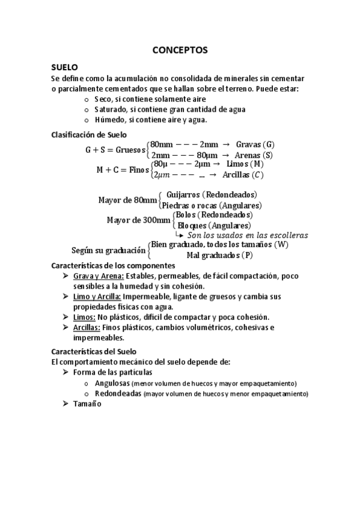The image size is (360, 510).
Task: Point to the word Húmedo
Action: pos(111,120)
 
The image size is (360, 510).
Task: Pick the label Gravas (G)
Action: pos(255,144)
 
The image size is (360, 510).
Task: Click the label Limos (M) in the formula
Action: pos(245,164)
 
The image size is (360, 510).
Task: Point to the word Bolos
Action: pos(185,215)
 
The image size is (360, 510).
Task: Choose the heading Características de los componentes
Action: pos(113,265)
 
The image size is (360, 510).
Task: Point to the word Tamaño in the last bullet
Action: pos(87,404)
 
